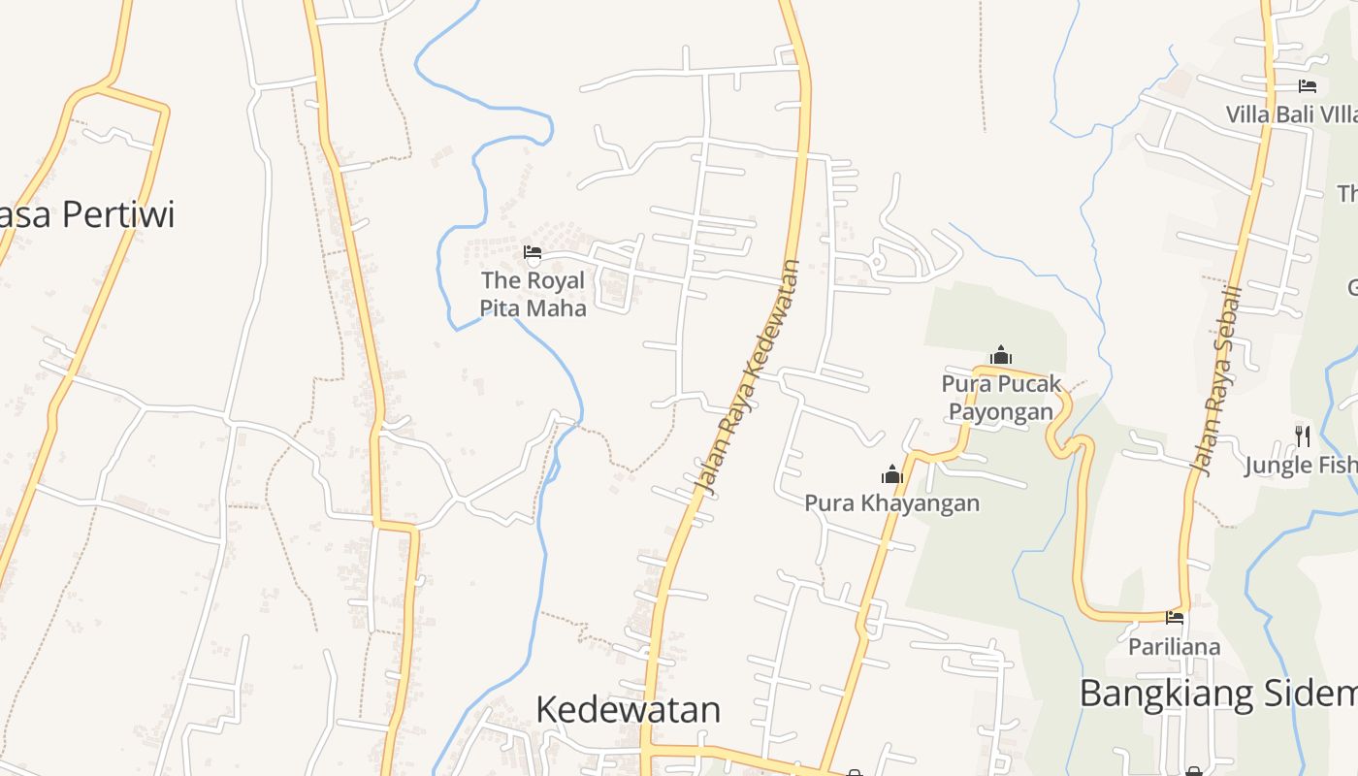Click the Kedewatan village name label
628,709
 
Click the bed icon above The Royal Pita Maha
532,254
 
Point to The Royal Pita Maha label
533,294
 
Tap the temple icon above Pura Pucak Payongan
1001,355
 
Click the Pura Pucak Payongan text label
1001,398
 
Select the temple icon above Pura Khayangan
891,474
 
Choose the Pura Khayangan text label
891,502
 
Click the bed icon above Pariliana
1175,618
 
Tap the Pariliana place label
1174,646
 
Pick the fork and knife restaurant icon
1302,436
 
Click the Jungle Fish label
1300,466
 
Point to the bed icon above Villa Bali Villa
1307,86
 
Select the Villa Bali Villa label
1290,114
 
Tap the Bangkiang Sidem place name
1217,694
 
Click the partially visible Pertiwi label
87,214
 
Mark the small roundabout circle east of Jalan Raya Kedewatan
876,262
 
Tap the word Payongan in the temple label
1001,411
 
